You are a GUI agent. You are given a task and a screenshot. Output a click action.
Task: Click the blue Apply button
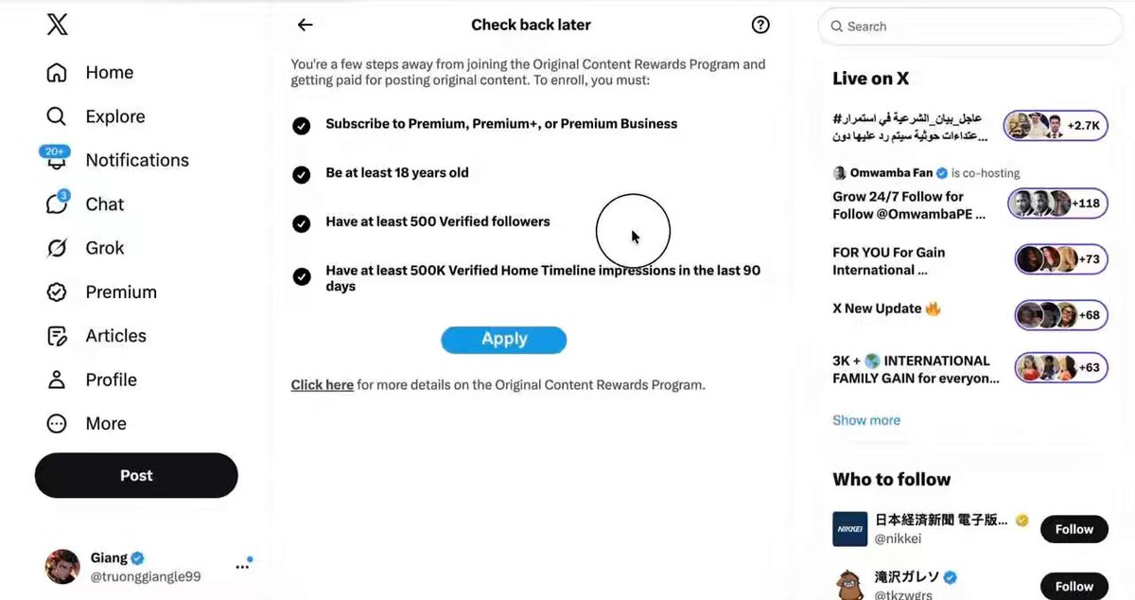point(503,340)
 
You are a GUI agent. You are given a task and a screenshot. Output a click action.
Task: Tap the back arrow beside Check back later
point(305,25)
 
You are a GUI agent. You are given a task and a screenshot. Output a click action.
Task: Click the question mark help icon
point(760,25)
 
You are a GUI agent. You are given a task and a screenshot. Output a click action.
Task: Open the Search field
point(969,26)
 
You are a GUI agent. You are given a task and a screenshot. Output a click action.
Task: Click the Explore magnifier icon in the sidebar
point(56,116)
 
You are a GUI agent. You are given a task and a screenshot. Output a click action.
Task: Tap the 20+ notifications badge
point(55,151)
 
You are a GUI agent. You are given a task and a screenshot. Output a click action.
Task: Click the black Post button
point(136,475)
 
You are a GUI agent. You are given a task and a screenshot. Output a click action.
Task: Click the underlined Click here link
point(323,385)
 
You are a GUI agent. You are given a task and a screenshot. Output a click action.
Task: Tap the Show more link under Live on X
point(866,420)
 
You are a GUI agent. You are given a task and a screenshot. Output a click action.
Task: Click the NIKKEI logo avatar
point(849,529)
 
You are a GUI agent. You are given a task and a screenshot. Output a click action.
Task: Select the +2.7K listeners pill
point(1056,125)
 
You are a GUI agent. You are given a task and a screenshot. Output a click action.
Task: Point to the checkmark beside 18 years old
point(302,174)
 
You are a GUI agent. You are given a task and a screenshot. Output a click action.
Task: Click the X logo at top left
point(58,25)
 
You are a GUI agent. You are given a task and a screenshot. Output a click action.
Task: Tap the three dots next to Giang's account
point(242,567)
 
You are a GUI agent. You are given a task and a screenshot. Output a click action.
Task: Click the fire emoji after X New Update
point(933,309)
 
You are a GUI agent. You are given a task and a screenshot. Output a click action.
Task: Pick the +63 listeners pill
point(1061,367)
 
